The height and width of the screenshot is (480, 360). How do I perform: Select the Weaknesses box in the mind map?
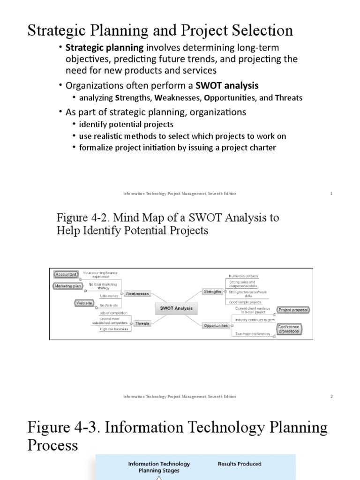tap(136, 294)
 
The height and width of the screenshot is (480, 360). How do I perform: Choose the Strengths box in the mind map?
tap(212, 292)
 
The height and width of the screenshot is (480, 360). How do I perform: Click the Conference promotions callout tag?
tap(289, 329)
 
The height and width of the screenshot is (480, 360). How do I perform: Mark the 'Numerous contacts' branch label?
tap(243, 276)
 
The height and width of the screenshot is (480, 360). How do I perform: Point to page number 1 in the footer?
tap(331, 193)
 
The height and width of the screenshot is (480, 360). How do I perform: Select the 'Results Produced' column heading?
tap(239, 464)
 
